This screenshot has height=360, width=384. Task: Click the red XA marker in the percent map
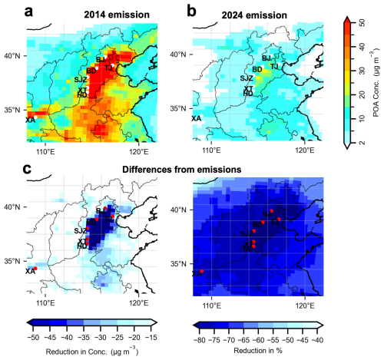202,272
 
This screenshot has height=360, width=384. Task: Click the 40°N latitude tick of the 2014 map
16,55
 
